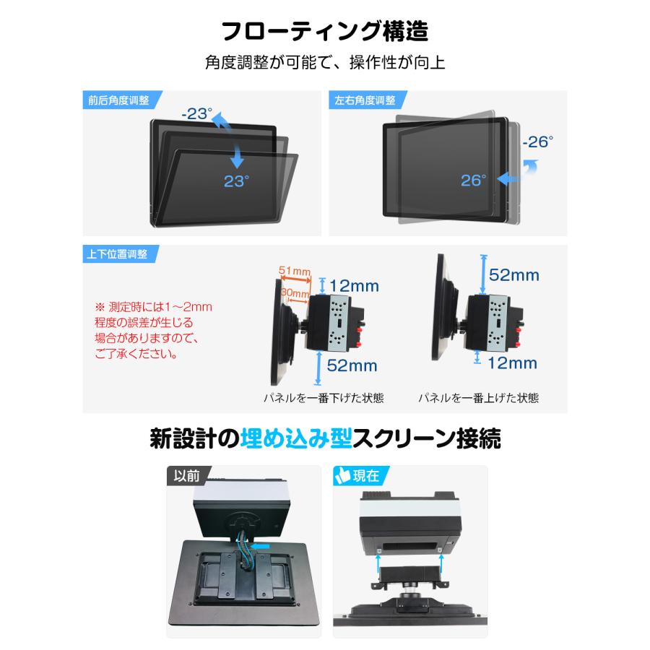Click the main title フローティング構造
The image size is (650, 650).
pyautogui.click(x=324, y=32)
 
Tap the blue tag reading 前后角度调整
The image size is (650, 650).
pyautogui.click(x=118, y=100)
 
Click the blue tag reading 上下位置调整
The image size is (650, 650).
pyautogui.click(x=118, y=254)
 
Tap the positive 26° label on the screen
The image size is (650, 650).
pyautogui.click(x=474, y=180)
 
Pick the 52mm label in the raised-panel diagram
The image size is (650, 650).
pyautogui.click(x=513, y=274)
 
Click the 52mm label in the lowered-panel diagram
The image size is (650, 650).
pyautogui.click(x=352, y=365)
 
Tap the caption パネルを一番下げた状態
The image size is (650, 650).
pyautogui.click(x=323, y=398)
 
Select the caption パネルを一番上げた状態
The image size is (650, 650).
pyautogui.click(x=478, y=398)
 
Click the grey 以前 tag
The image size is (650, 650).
pyautogui.click(x=187, y=475)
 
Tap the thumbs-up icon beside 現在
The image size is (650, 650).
pyautogui.click(x=342, y=475)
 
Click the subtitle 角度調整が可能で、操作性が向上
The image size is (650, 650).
pyautogui.click(x=324, y=63)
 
